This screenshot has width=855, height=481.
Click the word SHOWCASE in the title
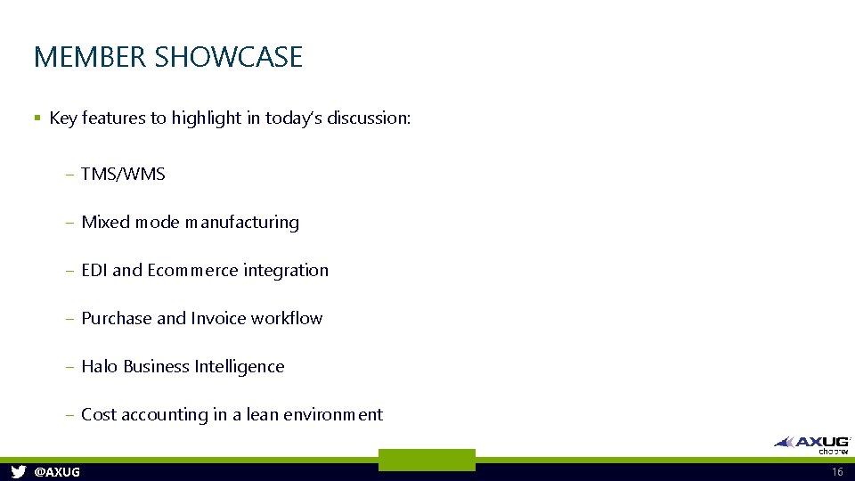pos(229,58)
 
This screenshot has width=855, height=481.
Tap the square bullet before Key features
pos(37,118)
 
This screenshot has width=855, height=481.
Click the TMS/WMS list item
pos(123,174)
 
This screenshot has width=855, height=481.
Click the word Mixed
pos(105,222)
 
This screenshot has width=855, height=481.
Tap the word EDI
pos(94,270)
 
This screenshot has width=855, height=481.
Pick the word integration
pos(286,270)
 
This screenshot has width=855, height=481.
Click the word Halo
pos(100,366)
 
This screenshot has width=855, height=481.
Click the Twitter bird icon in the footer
pos(18,471)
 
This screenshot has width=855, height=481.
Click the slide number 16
pos(836,471)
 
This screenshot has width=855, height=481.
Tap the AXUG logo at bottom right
pos(812,443)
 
